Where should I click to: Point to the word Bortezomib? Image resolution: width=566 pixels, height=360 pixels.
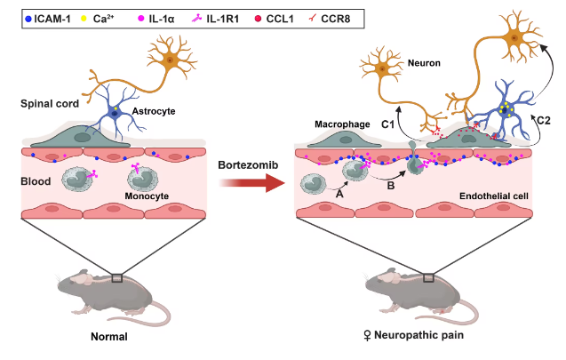point(246,163)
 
